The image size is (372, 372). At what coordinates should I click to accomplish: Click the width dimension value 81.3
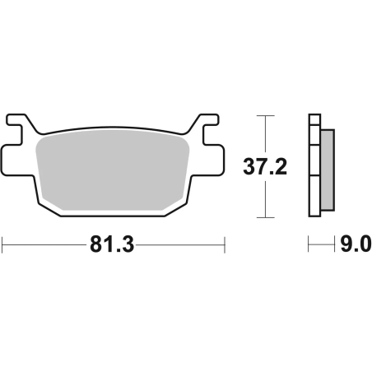[114, 244]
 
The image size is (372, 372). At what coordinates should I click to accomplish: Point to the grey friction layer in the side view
[326, 169]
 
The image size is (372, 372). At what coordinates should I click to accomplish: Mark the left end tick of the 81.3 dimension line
[4, 244]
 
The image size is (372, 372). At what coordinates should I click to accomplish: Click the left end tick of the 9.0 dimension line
[309, 244]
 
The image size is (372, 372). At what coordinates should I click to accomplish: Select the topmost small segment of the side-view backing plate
[314, 119]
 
